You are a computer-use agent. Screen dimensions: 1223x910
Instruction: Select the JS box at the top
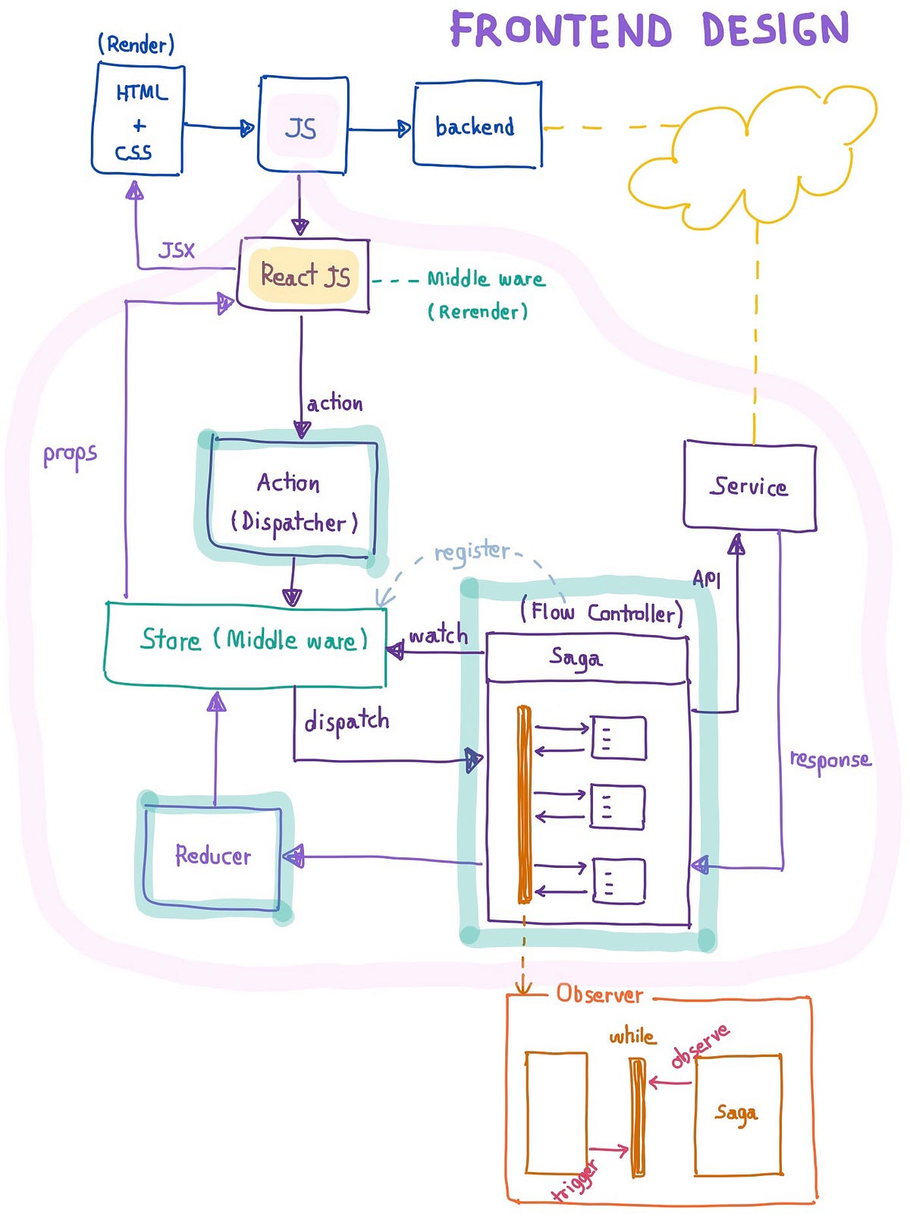point(303,125)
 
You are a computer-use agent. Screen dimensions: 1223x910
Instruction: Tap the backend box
point(476,125)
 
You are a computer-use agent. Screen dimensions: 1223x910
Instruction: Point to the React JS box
point(303,275)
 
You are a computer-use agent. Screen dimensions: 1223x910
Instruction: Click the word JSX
point(177,250)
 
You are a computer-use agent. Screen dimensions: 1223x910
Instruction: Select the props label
point(70,455)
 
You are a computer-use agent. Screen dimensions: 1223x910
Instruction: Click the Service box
point(749,486)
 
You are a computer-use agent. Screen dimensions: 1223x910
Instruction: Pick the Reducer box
point(213,856)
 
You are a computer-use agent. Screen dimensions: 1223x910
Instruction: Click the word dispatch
point(347,722)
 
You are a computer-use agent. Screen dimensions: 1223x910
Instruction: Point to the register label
point(472,551)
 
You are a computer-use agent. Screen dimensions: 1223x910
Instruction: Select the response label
point(830,760)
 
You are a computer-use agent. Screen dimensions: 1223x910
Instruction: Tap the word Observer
point(599,994)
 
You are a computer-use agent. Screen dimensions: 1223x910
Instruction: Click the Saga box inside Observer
point(737,1114)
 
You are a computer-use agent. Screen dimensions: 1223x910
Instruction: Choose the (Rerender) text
point(478,312)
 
